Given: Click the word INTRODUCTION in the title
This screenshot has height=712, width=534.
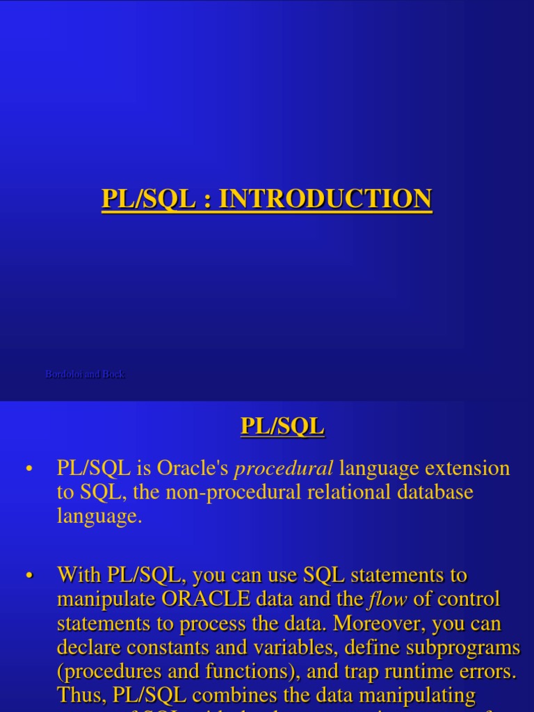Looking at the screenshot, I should pos(325,199).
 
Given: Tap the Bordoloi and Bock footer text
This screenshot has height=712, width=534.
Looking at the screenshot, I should pos(85,374).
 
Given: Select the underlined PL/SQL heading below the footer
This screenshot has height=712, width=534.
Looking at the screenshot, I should pos(282,426).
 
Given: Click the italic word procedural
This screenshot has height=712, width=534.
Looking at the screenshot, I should pos(284,469).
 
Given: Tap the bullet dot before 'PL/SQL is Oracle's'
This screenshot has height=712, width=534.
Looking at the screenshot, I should pos(29,470).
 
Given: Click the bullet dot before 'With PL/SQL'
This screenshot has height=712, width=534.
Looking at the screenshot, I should pos(29,576).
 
